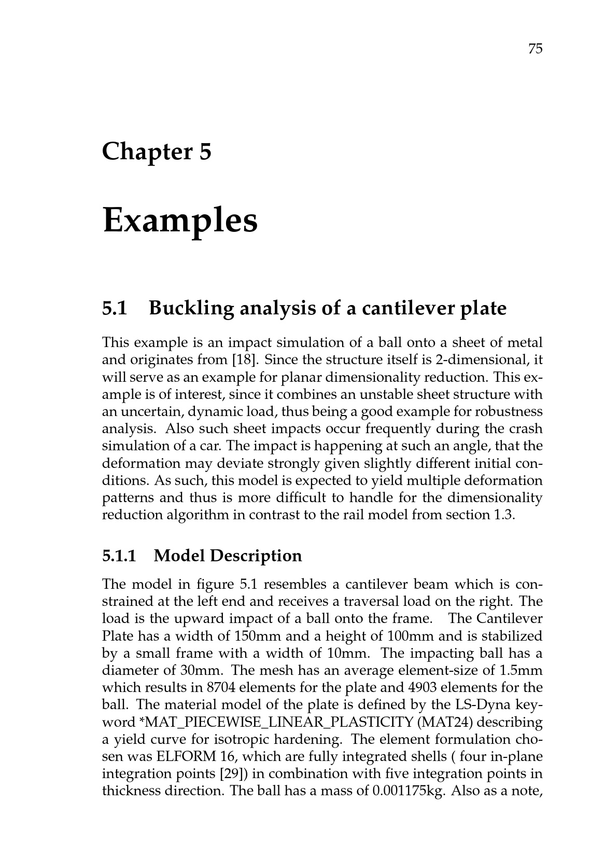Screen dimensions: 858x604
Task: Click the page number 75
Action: click(535, 49)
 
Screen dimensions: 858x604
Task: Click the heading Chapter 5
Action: click(157, 152)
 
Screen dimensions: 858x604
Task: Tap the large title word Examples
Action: click(180, 220)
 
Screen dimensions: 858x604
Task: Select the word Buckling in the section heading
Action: click(191, 309)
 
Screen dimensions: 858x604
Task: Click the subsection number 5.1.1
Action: click(119, 556)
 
